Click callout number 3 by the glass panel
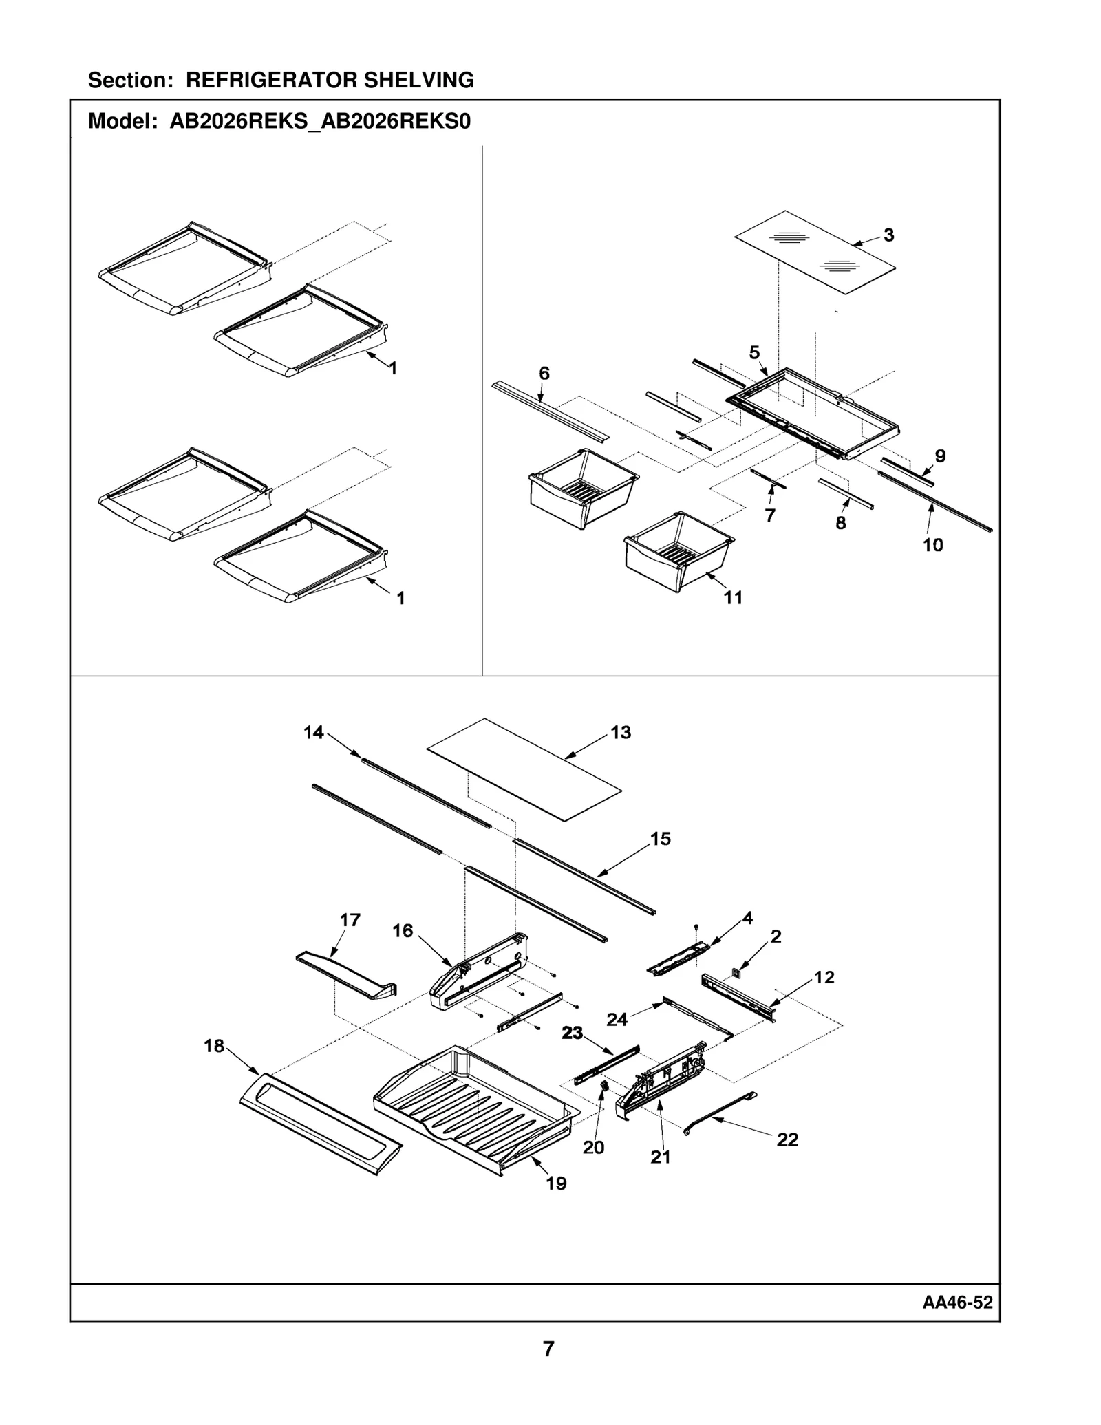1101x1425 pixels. pos(888,235)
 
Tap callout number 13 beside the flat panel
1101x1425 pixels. pos(620,732)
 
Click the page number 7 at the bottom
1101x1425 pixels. pos(548,1349)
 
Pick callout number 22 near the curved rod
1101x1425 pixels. pos(787,1139)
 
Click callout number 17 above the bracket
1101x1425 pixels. pos(350,919)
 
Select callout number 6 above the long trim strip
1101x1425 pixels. pos(544,373)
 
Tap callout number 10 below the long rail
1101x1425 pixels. pos(932,545)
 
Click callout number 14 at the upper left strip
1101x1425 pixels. pos(313,732)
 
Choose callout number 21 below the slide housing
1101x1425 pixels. pos(660,1157)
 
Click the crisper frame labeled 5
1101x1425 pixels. pos(812,413)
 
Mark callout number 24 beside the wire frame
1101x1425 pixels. pos(617,1019)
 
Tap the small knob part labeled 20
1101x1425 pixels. pos(605,1085)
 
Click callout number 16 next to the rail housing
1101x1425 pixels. pos(403,930)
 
